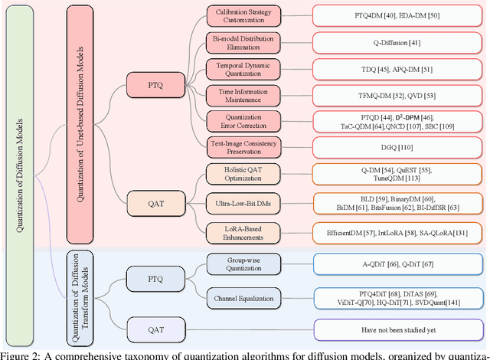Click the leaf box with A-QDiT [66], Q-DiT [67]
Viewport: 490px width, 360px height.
tap(396, 265)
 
